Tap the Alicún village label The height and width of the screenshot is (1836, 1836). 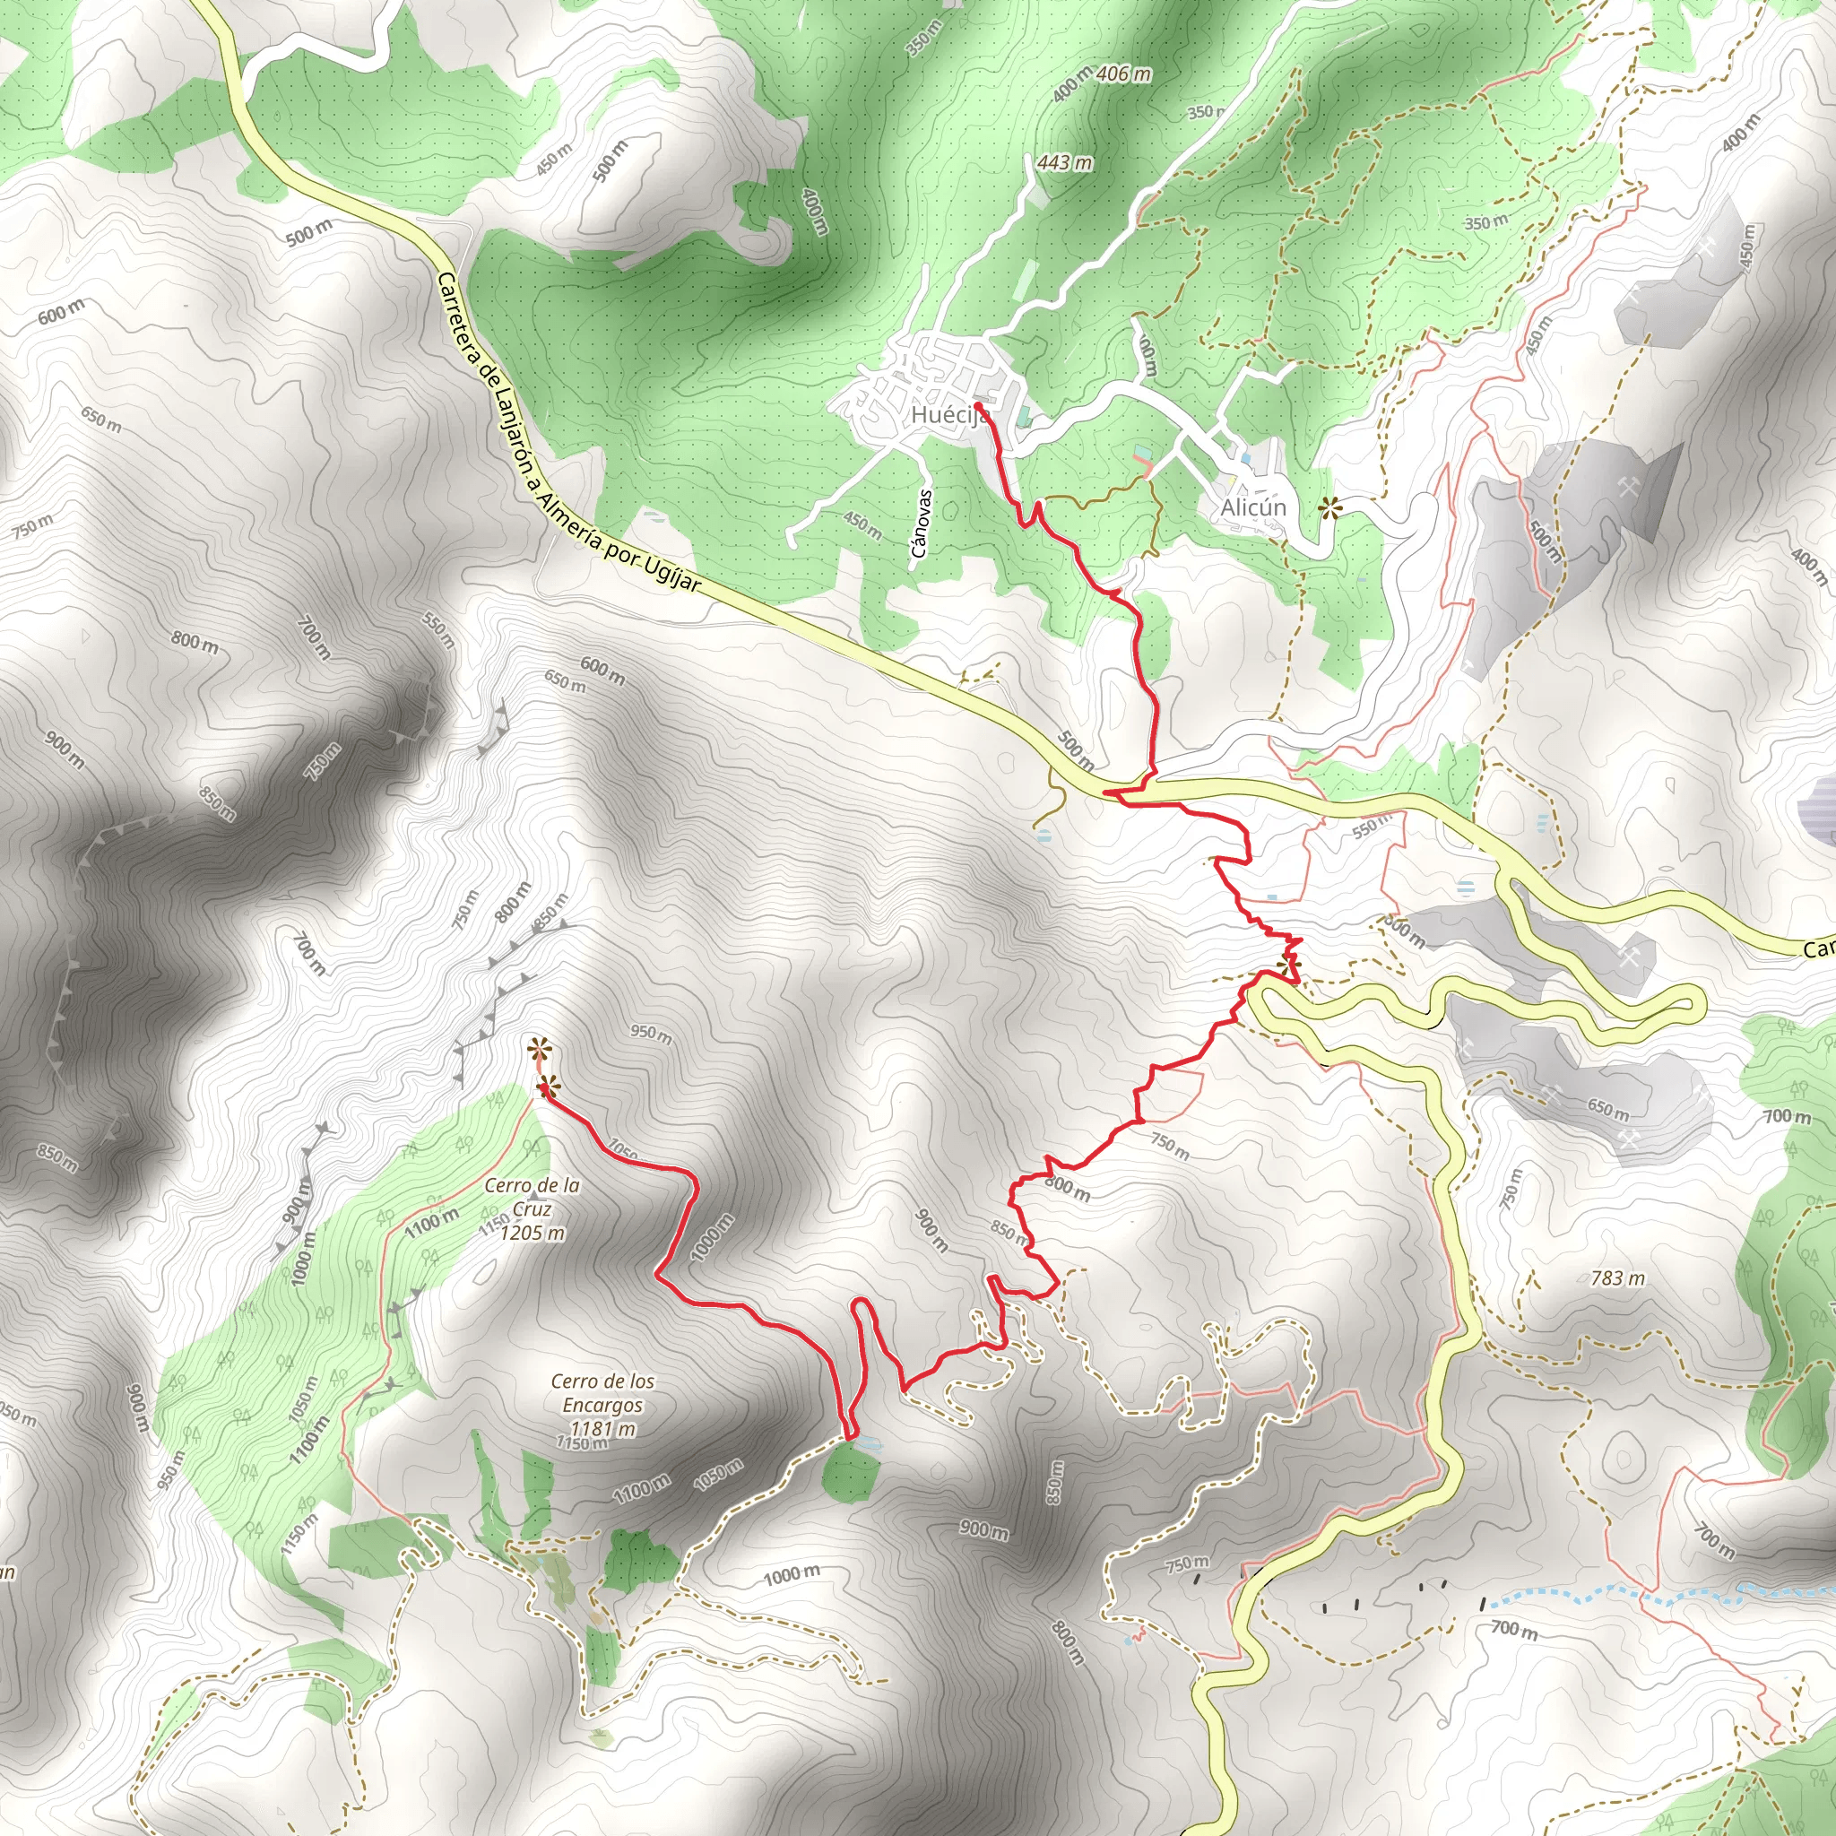tap(1252, 507)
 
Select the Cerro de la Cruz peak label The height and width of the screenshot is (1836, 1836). tap(532, 1198)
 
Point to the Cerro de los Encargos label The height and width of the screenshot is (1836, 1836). tap(602, 1393)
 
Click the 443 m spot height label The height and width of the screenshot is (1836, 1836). tap(1064, 162)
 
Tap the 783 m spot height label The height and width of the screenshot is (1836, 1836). tap(1616, 1278)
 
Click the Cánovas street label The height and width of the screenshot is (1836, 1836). tap(919, 523)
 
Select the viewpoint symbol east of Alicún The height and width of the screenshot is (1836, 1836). tap(1329, 508)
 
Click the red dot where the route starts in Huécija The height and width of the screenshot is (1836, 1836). tap(978, 407)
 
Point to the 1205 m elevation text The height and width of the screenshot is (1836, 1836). tap(533, 1234)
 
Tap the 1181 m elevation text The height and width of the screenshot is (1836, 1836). tap(602, 1428)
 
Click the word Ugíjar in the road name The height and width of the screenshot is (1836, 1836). tap(671, 574)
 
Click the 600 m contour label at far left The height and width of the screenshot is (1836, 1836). tap(61, 311)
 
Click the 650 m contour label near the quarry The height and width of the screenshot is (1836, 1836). tap(1607, 1108)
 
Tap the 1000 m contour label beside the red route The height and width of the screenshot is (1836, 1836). tap(712, 1237)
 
